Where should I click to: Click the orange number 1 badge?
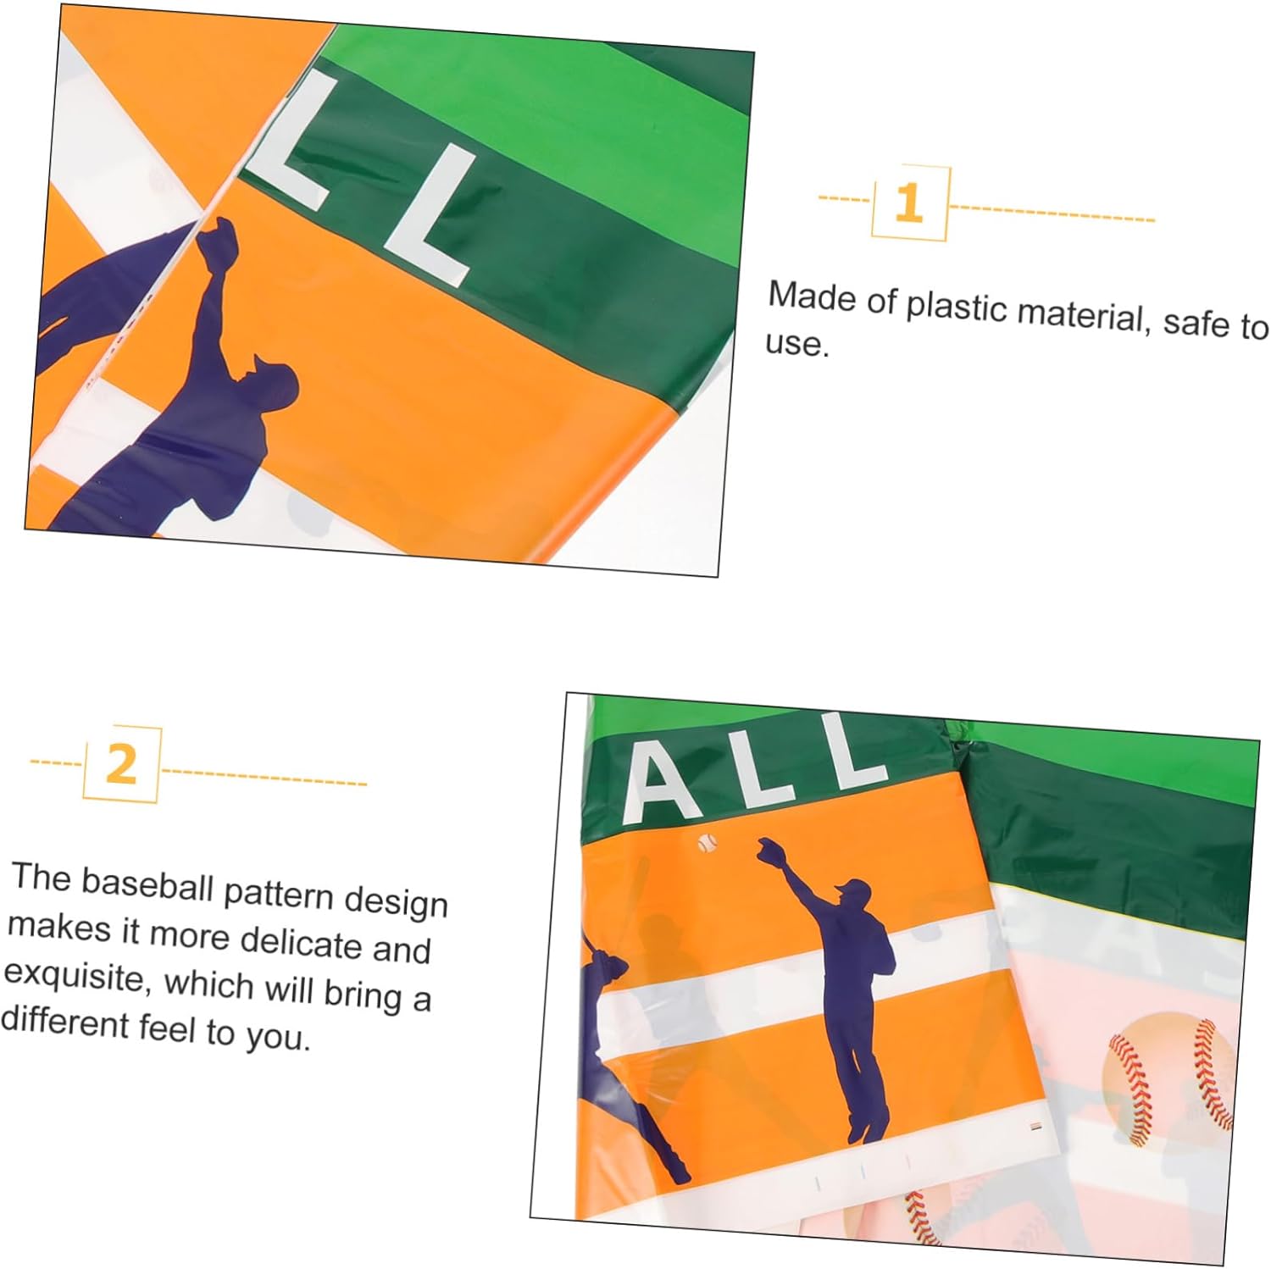coord(910,203)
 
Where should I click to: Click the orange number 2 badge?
coord(122,764)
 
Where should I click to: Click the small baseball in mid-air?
coord(707,842)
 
